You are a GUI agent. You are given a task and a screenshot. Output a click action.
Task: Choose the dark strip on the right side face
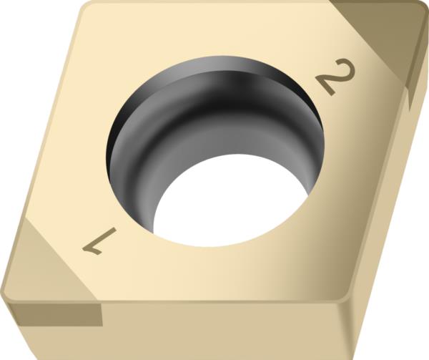413,86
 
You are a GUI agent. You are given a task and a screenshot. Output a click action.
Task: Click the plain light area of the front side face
214,333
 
